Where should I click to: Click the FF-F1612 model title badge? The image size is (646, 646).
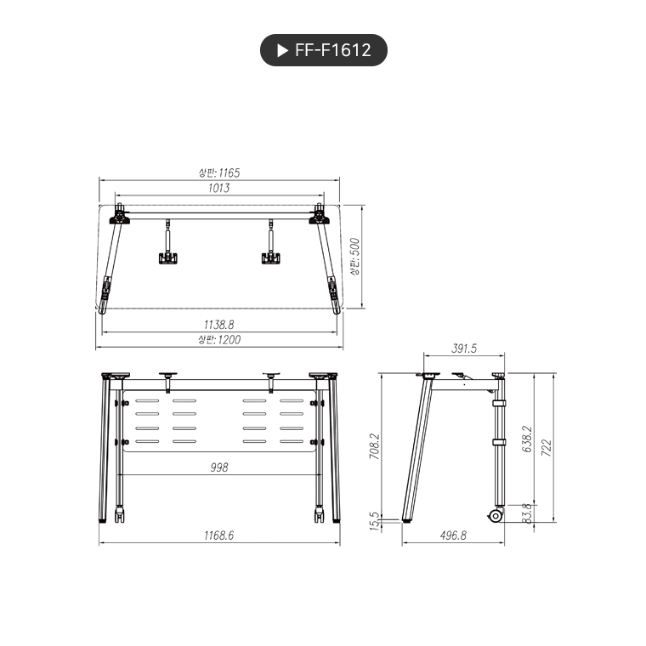tap(323, 50)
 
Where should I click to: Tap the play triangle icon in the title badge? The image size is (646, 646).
tap(282, 50)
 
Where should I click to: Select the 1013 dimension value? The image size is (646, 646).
tap(218, 188)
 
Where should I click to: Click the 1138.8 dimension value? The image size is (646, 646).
tap(218, 324)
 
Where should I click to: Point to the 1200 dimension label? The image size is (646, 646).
tap(219, 339)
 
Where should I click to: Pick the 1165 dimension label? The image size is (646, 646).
tap(218, 173)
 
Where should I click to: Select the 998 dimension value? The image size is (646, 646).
tap(218, 467)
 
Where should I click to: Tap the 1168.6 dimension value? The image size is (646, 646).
tap(218, 535)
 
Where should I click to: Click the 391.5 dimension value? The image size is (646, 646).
tap(464, 348)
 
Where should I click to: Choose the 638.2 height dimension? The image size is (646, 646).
tap(527, 439)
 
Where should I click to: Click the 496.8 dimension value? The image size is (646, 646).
tap(453, 535)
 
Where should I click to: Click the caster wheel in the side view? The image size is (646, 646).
tap(495, 515)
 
